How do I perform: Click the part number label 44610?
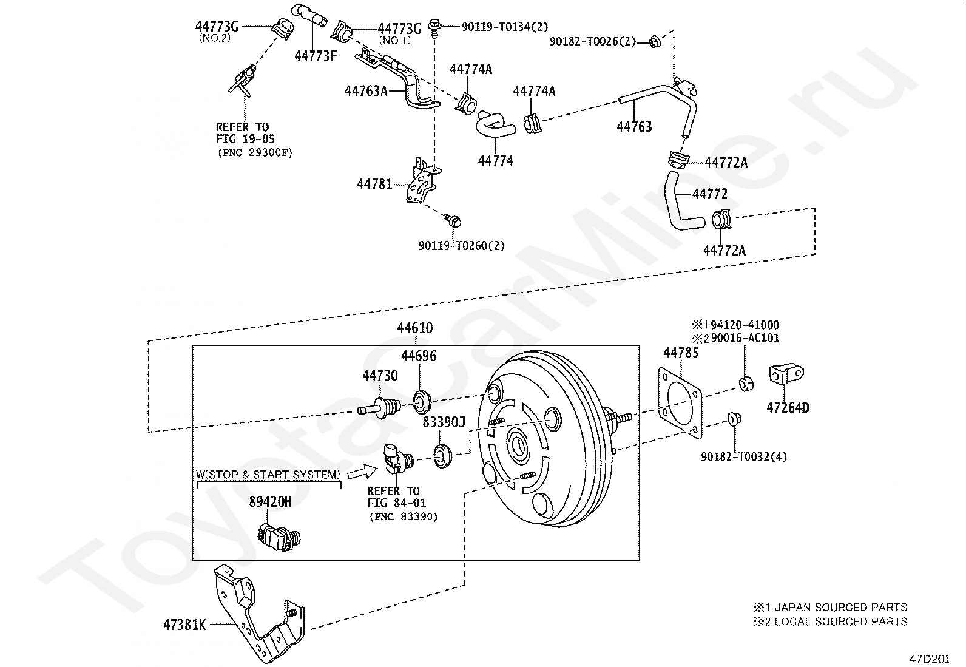pos(415,328)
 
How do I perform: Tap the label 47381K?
pos(184,625)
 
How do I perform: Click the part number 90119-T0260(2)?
pos(462,246)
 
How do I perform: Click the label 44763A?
pos(366,91)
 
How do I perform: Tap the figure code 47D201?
pos(929,659)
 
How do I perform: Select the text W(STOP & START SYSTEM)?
pos(268,475)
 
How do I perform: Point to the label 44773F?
pos(316,56)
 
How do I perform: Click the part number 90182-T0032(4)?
pos(744,457)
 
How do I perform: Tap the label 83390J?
pos(444,422)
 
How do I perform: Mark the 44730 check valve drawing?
pos(380,406)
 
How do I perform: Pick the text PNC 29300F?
pos(255,153)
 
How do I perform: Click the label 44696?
pos(419,356)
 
